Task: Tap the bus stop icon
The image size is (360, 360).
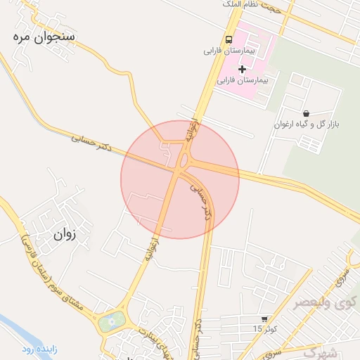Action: (x=229, y=39)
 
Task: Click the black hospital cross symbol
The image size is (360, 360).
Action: (x=243, y=69)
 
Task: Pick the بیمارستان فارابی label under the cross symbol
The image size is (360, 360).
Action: (x=243, y=81)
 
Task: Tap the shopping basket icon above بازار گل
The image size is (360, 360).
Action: (x=306, y=113)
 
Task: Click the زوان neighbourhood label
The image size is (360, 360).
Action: (x=63, y=235)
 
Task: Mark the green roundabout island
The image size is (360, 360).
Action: (x=110, y=323)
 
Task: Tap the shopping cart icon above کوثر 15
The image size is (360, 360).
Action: (x=264, y=319)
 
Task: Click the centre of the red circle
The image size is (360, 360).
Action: (x=180, y=179)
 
